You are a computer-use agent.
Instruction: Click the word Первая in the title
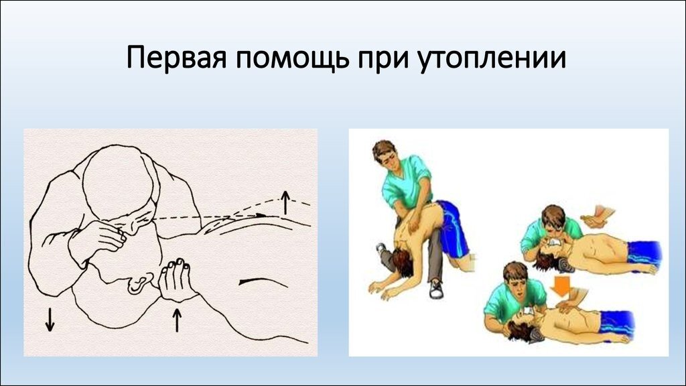point(176,58)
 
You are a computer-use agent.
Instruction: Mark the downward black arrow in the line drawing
point(50,319)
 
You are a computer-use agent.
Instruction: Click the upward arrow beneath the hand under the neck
point(177,320)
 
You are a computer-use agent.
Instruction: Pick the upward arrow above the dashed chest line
point(285,202)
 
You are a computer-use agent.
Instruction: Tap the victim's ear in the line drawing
point(138,285)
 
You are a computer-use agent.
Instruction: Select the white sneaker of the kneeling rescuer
point(435,289)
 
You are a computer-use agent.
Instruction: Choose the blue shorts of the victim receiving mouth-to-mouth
point(644,252)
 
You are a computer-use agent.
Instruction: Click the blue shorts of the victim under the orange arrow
point(617,323)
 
